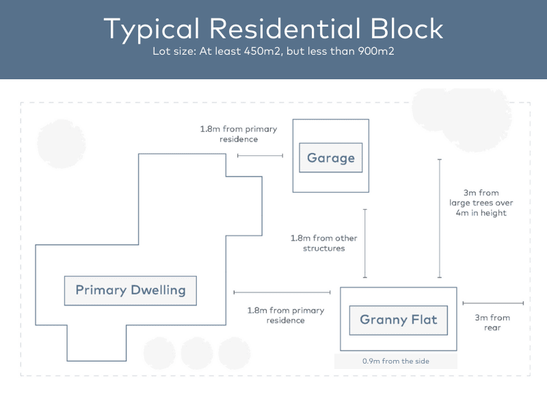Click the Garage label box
pyautogui.click(x=331, y=158)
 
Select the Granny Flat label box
pyautogui.click(x=399, y=320)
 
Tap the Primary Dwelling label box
pyautogui.click(x=131, y=291)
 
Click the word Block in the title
pyautogui.click(x=406, y=29)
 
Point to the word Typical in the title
pyautogui.click(x=151, y=30)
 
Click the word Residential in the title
pyautogui.click(x=285, y=29)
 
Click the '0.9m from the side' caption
pyautogui.click(x=396, y=361)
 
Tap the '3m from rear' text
pyautogui.click(x=492, y=323)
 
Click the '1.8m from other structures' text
pyautogui.click(x=323, y=243)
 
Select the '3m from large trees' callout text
pyautogui.click(x=481, y=202)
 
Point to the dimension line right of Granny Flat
pyautogui.click(x=493, y=303)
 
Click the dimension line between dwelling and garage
pyautogui.click(x=260, y=156)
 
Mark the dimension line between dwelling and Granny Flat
pyautogui.click(x=282, y=292)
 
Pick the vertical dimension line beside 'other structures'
pyautogui.click(x=365, y=243)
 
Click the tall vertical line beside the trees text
pyautogui.click(x=440, y=218)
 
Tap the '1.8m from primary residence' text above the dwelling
pyautogui.click(x=239, y=134)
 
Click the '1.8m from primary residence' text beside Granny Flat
pyautogui.click(x=286, y=315)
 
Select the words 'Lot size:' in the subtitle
pyautogui.click(x=174, y=51)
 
